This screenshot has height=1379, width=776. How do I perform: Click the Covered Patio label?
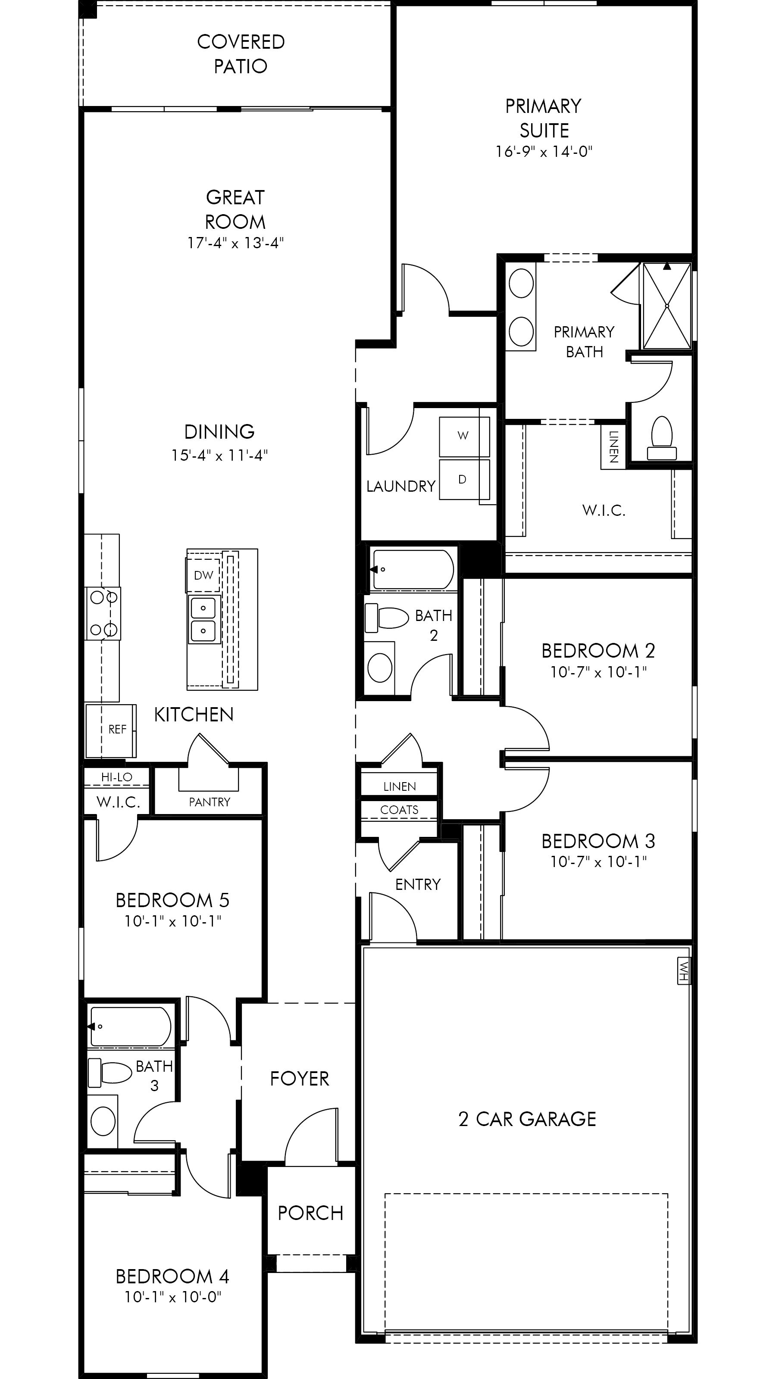(241, 53)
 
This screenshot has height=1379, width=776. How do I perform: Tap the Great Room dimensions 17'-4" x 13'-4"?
(235, 243)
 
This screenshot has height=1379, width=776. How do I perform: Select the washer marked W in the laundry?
(464, 436)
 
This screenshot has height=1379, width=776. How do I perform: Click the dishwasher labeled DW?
(203, 575)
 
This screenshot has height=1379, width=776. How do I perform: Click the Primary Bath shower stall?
(667, 305)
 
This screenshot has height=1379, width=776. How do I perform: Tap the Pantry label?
(210, 802)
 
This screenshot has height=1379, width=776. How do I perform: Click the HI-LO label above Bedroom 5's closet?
(117, 777)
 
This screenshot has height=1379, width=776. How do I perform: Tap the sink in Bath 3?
(103, 1120)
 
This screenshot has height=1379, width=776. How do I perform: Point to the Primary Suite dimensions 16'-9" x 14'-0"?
(544, 152)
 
